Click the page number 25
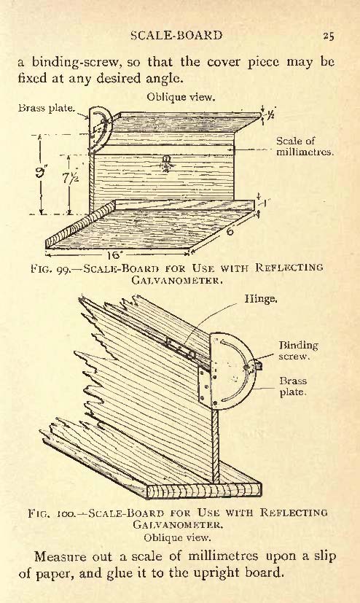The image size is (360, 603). [329, 36]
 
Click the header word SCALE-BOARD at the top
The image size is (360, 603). [176, 36]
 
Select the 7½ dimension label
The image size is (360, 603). [71, 177]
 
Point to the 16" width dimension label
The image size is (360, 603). [115, 254]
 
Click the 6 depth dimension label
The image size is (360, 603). [230, 231]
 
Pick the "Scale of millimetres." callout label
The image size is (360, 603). [305, 147]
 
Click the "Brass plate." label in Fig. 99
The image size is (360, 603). [47, 108]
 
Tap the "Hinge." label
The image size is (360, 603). [261, 298]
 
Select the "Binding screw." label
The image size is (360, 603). [299, 350]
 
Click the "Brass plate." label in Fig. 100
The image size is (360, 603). [293, 386]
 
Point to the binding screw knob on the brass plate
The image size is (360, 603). [257, 365]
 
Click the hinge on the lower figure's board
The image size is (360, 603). [181, 349]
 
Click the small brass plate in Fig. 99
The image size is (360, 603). [100, 129]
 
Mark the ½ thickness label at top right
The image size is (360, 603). [270, 114]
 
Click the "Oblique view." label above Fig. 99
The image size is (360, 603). [180, 97]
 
